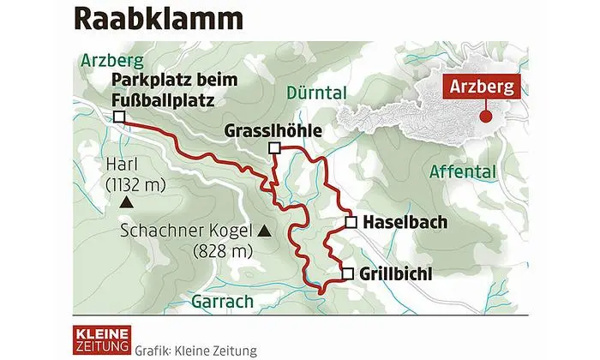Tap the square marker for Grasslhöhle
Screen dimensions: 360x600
(x=273, y=149)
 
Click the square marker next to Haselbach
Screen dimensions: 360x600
(x=351, y=222)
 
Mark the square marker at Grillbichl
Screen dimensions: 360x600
(x=347, y=274)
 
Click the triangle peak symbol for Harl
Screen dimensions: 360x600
(x=126, y=202)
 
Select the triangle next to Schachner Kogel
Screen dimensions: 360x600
(x=264, y=231)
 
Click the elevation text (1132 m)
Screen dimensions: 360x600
(x=135, y=183)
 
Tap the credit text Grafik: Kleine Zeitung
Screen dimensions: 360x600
(x=195, y=351)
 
